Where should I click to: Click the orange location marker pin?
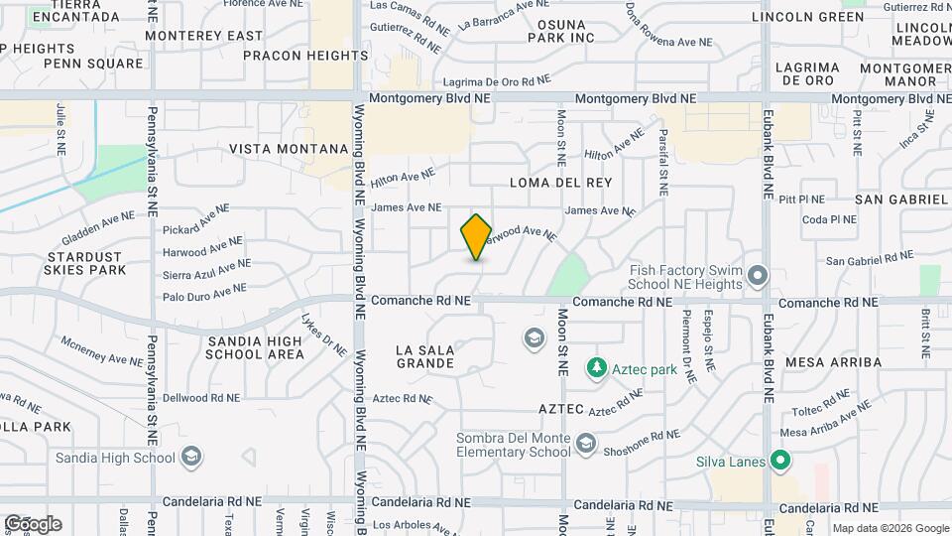tap(477, 236)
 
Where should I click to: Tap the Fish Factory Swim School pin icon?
tap(759, 275)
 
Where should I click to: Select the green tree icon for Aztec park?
tap(596, 369)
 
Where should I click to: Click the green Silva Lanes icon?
tap(780, 460)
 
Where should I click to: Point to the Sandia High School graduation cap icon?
tap(191, 458)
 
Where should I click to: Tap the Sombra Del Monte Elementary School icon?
tap(586, 443)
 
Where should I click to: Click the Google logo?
tap(33, 524)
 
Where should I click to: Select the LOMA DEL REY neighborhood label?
tap(560, 183)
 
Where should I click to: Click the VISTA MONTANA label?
tap(289, 148)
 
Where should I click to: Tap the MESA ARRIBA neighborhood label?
tap(833, 362)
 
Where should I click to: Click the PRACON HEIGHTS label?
tap(298, 56)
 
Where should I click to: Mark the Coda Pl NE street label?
tap(829, 219)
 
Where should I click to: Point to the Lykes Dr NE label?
tap(322, 335)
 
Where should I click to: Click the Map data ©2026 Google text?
tap(889, 527)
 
